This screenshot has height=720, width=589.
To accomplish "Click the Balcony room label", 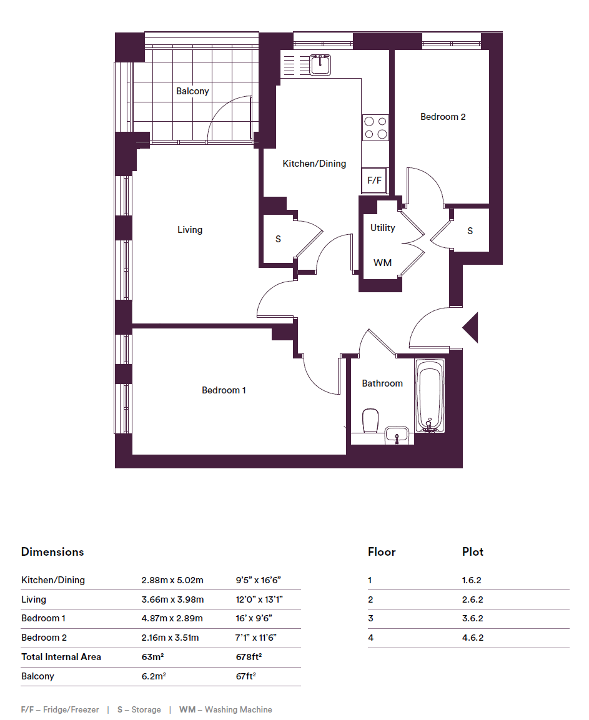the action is click(x=192, y=91).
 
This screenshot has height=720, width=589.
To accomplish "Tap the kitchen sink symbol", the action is click(x=320, y=64).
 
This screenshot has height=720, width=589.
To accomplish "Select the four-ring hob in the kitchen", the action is click(x=375, y=127).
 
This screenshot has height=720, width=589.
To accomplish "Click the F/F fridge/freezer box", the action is click(x=374, y=180).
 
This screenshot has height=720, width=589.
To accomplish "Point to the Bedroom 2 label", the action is click(x=443, y=117).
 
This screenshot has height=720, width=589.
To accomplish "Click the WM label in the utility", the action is click(x=383, y=263).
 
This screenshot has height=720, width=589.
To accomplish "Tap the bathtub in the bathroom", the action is click(x=430, y=395).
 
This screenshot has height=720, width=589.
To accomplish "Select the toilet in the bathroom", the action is click(x=370, y=420).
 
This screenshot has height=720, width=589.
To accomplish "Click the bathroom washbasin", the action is click(x=397, y=435).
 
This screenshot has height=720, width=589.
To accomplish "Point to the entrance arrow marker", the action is click(x=470, y=327).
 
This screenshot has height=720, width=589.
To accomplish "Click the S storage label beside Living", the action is click(x=278, y=239).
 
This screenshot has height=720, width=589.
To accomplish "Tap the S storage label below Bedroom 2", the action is click(x=470, y=230).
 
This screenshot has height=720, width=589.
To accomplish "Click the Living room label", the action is click(x=190, y=230).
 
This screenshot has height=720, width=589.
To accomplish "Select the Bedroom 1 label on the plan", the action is click(x=224, y=390).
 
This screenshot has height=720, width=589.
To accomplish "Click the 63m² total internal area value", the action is click(x=152, y=657).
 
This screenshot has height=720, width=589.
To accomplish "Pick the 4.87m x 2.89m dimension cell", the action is click(x=172, y=618).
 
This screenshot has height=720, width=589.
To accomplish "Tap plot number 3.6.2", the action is click(x=473, y=618).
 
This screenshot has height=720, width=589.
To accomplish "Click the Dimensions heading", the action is click(x=52, y=551).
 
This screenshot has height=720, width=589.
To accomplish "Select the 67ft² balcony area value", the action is click(x=246, y=676).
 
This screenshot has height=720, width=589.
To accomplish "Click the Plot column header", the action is click(x=473, y=551).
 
